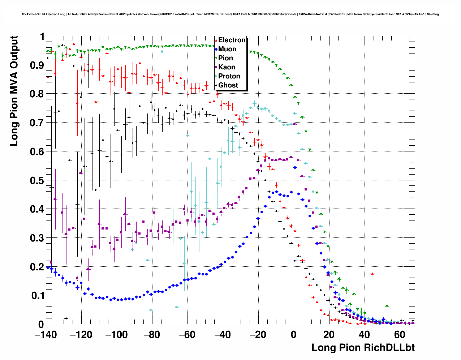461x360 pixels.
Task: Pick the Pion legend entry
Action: point(225,58)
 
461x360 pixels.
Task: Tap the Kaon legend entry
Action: point(226,67)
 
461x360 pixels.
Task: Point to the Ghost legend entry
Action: point(228,85)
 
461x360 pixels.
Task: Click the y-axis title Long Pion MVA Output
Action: point(14,91)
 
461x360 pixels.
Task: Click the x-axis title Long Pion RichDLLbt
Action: point(363,348)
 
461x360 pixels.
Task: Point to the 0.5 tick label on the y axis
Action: point(36,180)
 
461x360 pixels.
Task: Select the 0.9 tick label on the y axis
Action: point(36,65)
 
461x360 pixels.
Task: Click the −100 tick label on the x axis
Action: point(116,335)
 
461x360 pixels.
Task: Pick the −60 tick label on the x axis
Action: point(188,335)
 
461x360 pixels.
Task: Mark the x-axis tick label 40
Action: point(365,335)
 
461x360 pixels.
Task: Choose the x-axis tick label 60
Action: point(400,335)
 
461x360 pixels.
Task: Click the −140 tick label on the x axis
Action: point(46,335)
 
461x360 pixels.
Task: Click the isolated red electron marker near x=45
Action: point(372,274)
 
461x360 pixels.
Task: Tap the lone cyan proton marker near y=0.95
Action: point(162,52)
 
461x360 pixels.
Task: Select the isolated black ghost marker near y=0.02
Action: point(66,318)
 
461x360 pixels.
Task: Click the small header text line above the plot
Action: point(230,14)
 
